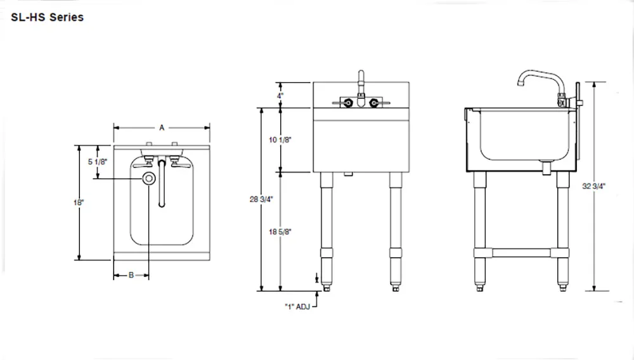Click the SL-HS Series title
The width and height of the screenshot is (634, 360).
pyautogui.click(x=48, y=17)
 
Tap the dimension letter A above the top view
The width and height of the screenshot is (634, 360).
pyautogui.click(x=162, y=128)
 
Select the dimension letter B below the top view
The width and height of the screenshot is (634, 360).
pyautogui.click(x=131, y=275)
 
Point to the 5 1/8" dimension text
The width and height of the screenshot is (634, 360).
pyautogui.click(x=98, y=162)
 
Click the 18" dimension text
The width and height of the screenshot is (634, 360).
pyautogui.click(x=79, y=202)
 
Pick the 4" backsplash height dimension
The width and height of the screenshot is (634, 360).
pyautogui.click(x=280, y=96)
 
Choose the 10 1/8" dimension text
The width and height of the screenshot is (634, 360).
pyautogui.click(x=280, y=140)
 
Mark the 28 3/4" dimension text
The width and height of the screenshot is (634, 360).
pyautogui.click(x=261, y=199)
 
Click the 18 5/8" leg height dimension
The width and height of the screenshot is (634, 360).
pyautogui.click(x=280, y=232)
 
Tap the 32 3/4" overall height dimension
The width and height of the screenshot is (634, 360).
pyautogui.click(x=593, y=186)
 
